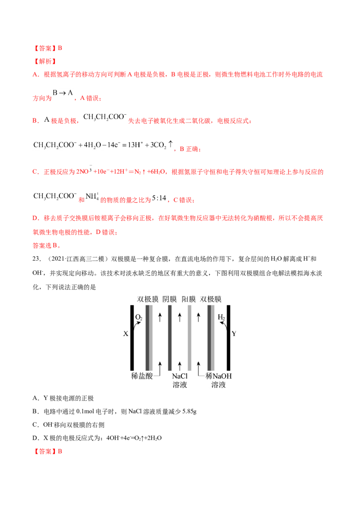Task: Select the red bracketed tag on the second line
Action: click(x=45, y=61)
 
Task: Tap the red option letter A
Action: click(x=36, y=75)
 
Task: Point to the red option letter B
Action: click(x=35, y=121)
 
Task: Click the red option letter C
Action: click(x=35, y=172)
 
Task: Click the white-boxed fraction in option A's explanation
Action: click(x=63, y=93)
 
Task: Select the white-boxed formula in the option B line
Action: click(x=104, y=117)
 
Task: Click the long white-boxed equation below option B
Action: click(x=103, y=145)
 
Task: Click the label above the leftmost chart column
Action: click(x=148, y=297)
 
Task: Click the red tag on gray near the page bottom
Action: click(x=49, y=451)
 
